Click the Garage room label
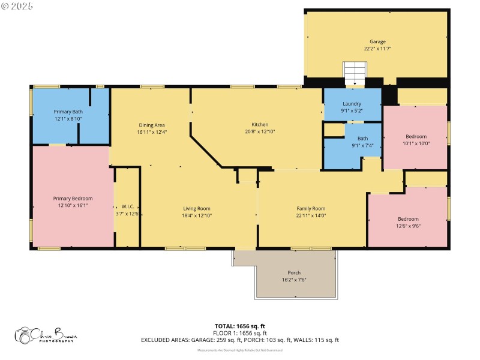[x=377, y=41]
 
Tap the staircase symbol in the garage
[x=354, y=74]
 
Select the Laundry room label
[x=352, y=103]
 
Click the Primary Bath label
[x=68, y=112]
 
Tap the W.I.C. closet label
[x=127, y=206]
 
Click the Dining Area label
[x=151, y=125]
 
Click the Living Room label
[x=197, y=208]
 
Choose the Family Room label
[x=311, y=208]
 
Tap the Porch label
[x=294, y=272]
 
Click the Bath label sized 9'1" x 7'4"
[x=362, y=138]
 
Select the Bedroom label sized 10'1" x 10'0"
[x=415, y=136]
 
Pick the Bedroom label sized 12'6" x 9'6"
[x=408, y=219]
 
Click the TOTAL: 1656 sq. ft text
[x=240, y=326]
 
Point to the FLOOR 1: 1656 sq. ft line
[x=240, y=333]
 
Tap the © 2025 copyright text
[x=17, y=6]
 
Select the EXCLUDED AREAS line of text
[x=240, y=340]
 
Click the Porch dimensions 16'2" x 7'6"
[x=294, y=279]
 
